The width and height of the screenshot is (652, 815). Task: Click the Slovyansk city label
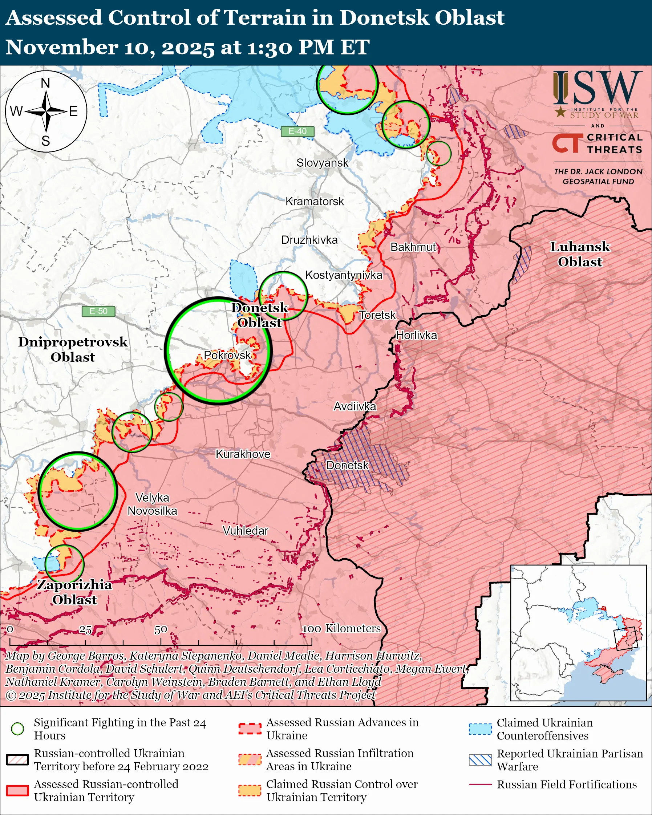click(322, 163)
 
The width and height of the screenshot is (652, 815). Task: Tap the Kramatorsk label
click(315, 202)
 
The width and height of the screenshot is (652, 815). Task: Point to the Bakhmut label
click(413, 247)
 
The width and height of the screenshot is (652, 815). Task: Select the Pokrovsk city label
click(227, 355)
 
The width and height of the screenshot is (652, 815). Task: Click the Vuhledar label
click(245, 531)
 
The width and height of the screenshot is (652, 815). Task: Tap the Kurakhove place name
click(243, 454)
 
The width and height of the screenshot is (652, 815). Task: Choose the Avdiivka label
click(355, 406)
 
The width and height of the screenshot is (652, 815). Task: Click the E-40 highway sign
click(297, 131)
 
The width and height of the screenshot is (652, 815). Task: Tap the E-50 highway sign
click(98, 311)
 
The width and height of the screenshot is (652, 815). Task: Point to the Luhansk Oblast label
click(580, 254)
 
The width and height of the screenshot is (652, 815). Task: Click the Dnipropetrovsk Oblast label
click(73, 349)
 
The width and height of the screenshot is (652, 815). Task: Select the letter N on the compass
click(45, 83)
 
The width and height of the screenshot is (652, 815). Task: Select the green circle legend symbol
click(17, 729)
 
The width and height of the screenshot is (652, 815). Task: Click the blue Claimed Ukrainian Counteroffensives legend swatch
click(480, 729)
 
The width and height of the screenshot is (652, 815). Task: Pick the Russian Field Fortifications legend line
click(480, 784)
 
